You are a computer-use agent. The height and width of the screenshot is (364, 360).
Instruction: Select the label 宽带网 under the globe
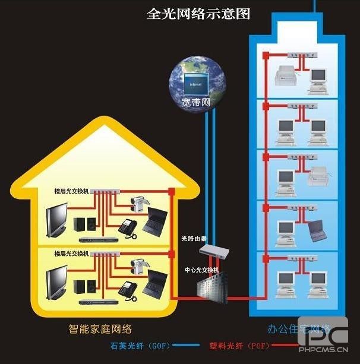point(196,102)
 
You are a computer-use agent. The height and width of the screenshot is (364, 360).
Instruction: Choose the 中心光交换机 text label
point(201,269)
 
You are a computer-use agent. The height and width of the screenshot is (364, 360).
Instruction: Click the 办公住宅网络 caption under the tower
point(290,328)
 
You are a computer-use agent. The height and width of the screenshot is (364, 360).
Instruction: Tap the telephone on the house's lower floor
point(128,289)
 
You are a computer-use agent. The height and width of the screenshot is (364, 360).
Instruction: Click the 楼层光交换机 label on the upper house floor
point(71,191)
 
